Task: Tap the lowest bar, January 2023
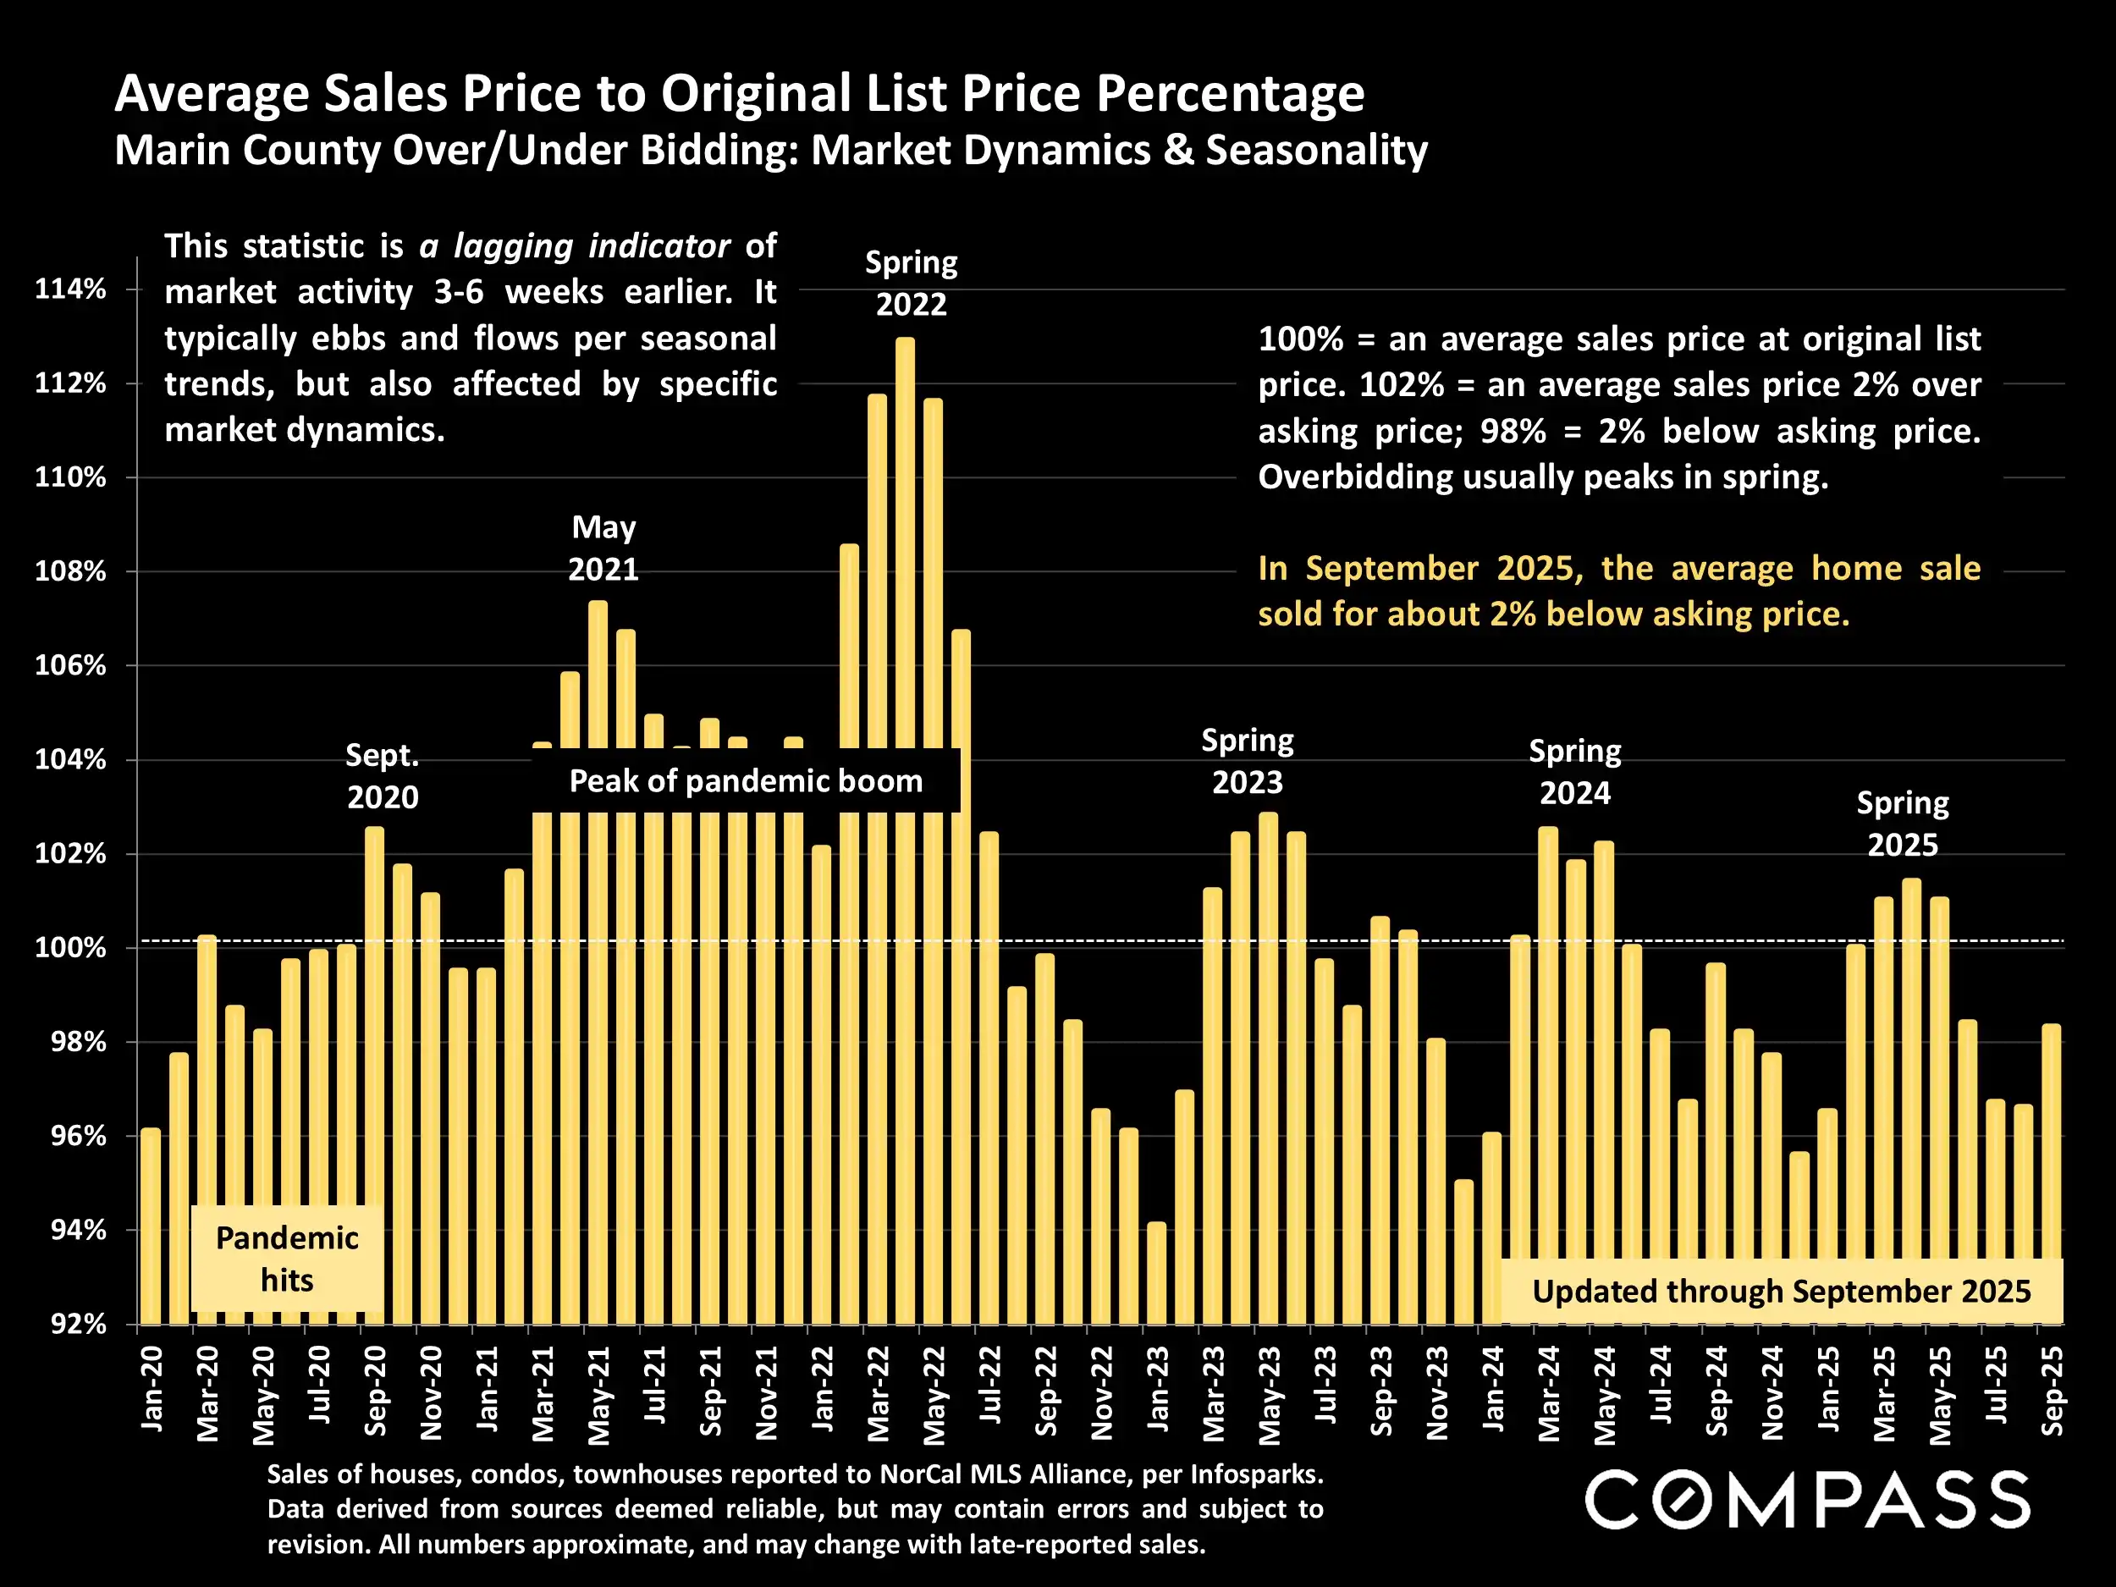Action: (1156, 1272)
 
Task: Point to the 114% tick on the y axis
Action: (71, 289)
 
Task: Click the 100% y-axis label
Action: (71, 948)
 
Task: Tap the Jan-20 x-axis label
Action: (152, 1388)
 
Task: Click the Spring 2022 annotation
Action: (911, 284)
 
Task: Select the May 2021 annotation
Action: (603, 548)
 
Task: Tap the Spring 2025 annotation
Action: (1903, 824)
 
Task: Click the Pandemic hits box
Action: (287, 1259)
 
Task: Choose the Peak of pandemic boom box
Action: (747, 781)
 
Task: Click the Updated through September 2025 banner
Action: (1781, 1292)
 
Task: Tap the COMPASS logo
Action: (1807, 1499)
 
